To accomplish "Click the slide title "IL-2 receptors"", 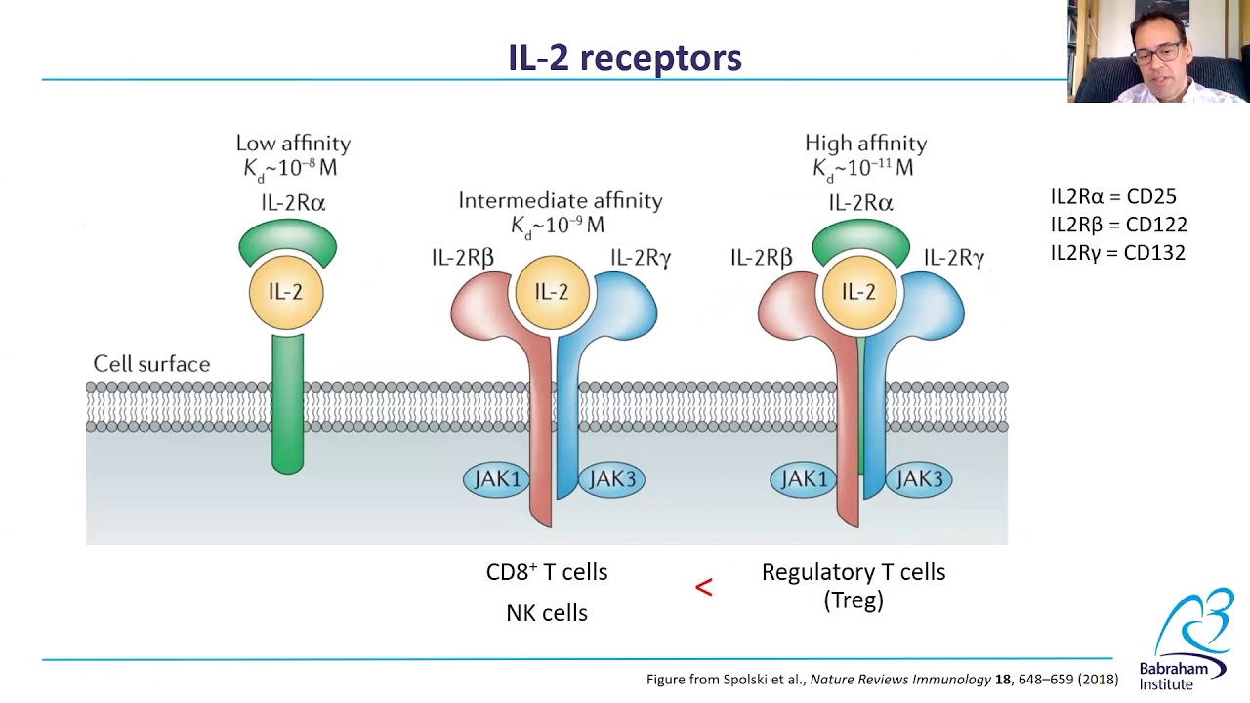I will pyautogui.click(x=625, y=58).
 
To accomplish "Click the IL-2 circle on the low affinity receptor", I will pyautogui.click(x=286, y=292).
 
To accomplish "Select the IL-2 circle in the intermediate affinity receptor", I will pyautogui.click(x=552, y=292).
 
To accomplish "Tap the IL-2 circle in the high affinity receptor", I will pyautogui.click(x=859, y=292).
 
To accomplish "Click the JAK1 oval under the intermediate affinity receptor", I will pyautogui.click(x=496, y=479).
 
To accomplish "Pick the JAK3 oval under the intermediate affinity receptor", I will pyautogui.click(x=612, y=479).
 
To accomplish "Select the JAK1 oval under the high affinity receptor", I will pyautogui.click(x=804, y=479).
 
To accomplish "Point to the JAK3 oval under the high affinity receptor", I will pyautogui.click(x=919, y=479).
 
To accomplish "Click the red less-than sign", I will pyautogui.click(x=704, y=587).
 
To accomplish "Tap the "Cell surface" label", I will pyautogui.click(x=151, y=364).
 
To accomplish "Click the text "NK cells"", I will pyautogui.click(x=547, y=613).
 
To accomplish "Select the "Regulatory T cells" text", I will pyautogui.click(x=854, y=572).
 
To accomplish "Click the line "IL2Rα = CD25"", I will pyautogui.click(x=1113, y=197).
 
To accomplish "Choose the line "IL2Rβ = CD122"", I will pyautogui.click(x=1119, y=225).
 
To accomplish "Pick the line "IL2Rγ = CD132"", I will pyautogui.click(x=1118, y=253).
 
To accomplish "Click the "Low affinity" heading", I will pyautogui.click(x=293, y=144).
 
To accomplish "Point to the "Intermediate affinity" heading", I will pyautogui.click(x=561, y=201).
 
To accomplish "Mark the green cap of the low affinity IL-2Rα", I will pyautogui.click(x=288, y=239).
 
